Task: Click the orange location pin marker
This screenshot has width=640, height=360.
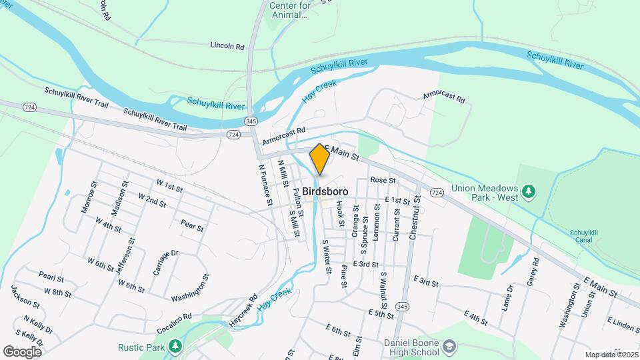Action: [x=319, y=160]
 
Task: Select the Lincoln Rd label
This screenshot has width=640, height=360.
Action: [x=227, y=46]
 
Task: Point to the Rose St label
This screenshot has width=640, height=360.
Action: [x=383, y=180]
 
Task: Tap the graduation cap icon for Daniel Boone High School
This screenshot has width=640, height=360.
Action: [x=450, y=346]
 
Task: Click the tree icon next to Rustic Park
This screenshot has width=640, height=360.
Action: [x=175, y=347]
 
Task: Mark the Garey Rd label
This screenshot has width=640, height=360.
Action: [x=532, y=273]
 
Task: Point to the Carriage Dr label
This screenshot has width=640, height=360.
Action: [x=165, y=262]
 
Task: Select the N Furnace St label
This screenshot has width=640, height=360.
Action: [x=265, y=184]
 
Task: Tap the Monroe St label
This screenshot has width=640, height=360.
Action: [x=89, y=197]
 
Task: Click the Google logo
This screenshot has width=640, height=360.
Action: [x=23, y=351]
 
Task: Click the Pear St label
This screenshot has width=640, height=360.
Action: [x=192, y=227]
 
